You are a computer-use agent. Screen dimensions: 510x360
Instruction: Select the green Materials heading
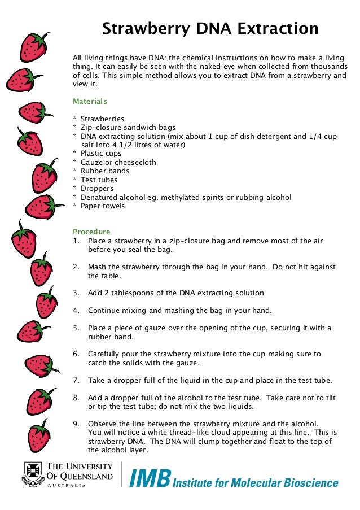click(90, 102)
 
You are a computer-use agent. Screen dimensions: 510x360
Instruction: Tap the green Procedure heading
click(91, 232)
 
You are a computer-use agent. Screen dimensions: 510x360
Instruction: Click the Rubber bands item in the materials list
click(105, 171)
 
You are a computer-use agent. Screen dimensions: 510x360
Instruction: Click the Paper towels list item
click(103, 206)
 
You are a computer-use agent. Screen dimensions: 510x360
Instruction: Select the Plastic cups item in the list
click(101, 153)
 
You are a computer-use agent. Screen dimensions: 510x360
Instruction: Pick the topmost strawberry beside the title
click(34, 46)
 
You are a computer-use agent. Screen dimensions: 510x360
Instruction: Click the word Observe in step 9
click(102, 424)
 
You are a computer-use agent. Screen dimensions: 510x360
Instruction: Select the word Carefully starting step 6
click(105, 354)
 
